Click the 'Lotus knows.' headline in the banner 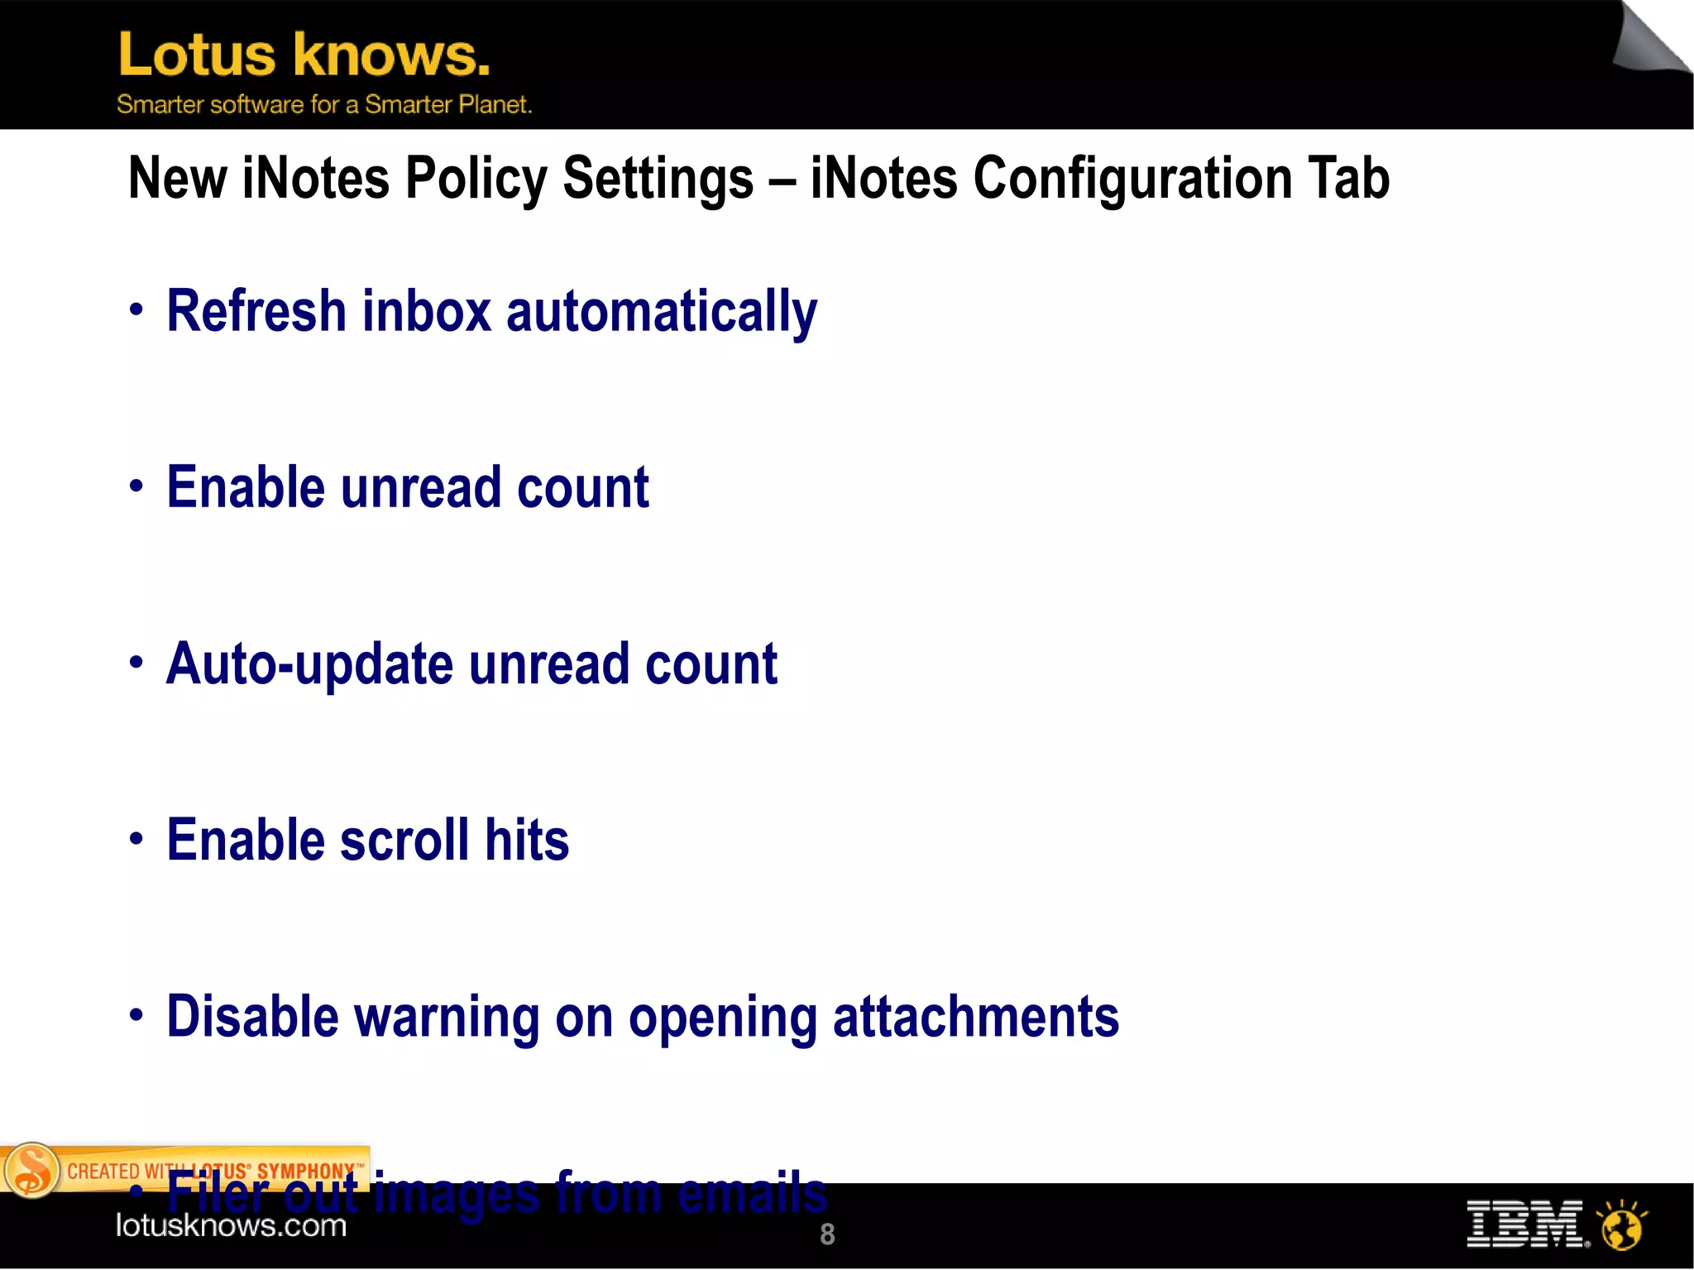[304, 55]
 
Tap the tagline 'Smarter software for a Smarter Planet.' [324, 105]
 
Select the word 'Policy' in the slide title [476, 180]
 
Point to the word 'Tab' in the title [1348, 178]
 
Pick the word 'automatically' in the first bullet [662, 313]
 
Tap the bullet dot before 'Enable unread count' [136, 486]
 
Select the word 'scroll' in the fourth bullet [404, 841]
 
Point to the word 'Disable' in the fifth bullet [252, 1017]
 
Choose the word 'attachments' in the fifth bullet [976, 1017]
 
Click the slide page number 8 [827, 1234]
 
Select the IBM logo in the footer [1526, 1224]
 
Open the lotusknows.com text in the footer [231, 1225]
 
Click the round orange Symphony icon [31, 1171]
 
